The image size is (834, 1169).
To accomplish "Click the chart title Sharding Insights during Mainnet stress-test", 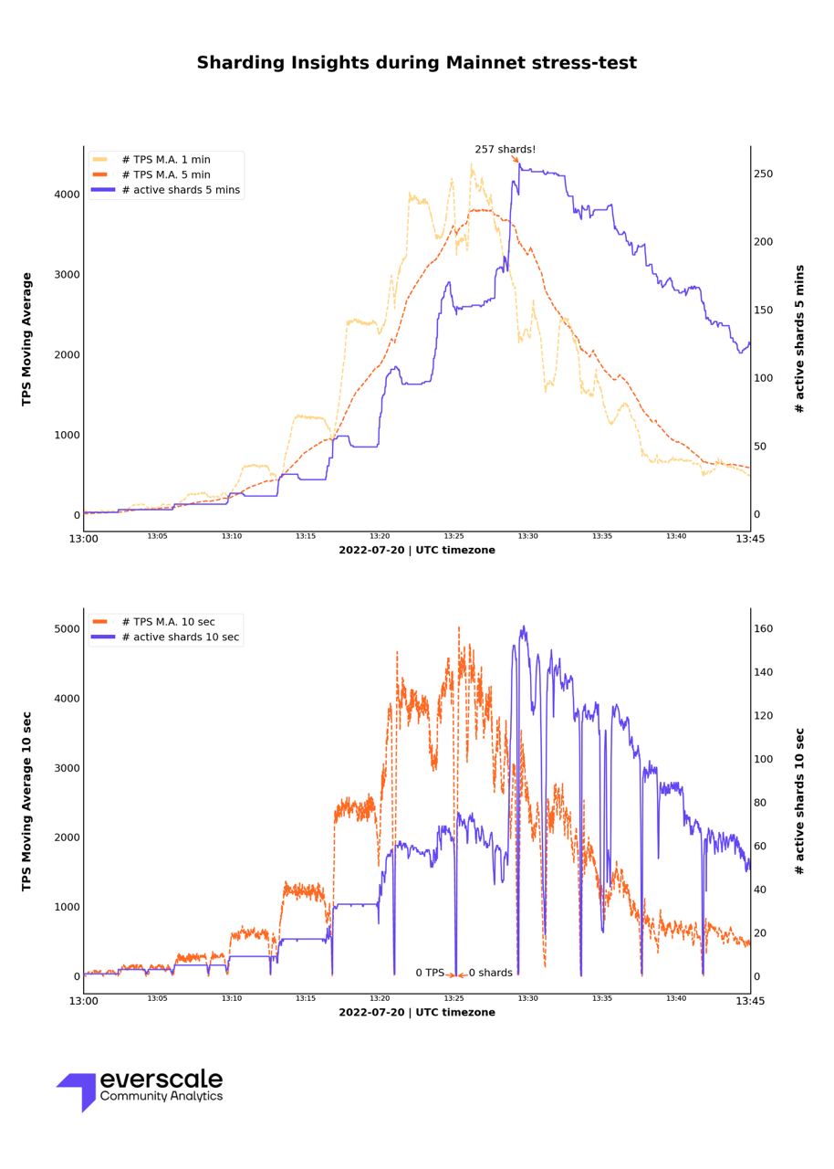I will click(x=417, y=63).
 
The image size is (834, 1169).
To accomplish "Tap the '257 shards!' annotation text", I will click(x=505, y=150).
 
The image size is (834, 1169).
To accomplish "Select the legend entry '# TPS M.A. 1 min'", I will click(x=165, y=160).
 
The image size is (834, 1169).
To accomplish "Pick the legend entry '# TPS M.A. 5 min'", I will click(x=165, y=174).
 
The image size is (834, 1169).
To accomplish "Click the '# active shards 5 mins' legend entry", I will click(x=180, y=190).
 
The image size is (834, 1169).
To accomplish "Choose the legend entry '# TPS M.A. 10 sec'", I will click(x=168, y=622).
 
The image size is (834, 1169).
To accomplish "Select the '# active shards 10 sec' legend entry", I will click(x=180, y=637).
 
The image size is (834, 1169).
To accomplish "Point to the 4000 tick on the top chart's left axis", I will click(x=67, y=195).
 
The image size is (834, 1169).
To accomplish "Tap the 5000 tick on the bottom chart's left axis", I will click(x=67, y=629).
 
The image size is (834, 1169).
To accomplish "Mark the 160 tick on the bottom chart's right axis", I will click(x=763, y=629).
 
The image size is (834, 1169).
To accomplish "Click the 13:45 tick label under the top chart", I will click(x=750, y=539).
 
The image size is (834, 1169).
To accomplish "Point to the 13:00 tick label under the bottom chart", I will click(x=83, y=1001).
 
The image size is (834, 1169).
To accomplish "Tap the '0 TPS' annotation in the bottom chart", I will click(x=430, y=974).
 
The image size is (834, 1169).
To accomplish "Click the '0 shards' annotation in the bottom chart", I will click(x=491, y=974).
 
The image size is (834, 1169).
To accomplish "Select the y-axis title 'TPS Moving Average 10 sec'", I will click(x=27, y=801).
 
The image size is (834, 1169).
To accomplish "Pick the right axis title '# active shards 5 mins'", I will click(x=800, y=339).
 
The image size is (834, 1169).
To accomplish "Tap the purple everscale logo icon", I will click(x=78, y=1090).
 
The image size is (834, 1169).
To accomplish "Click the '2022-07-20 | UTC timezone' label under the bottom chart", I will click(x=417, y=1013).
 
